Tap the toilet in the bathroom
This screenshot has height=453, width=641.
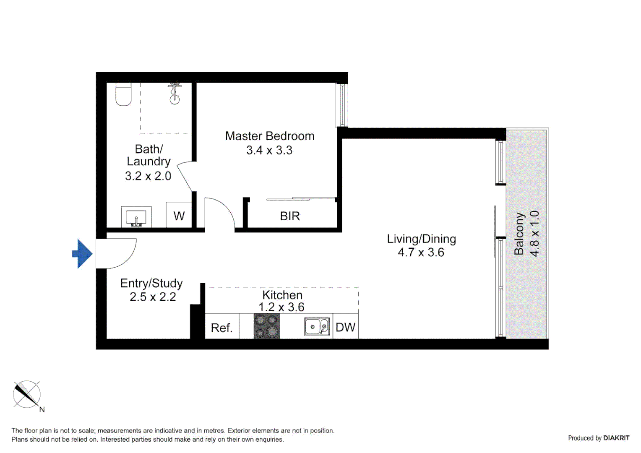tap(123, 94)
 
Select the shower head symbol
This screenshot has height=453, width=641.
tap(175, 94)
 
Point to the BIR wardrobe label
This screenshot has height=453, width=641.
tap(290, 216)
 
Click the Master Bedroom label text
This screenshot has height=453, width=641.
tap(269, 136)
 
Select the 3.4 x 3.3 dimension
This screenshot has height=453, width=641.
tap(269, 150)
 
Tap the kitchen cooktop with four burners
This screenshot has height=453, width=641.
tap(267, 326)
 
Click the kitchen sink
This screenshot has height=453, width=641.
tap(317, 327)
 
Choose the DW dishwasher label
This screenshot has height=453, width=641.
tap(346, 327)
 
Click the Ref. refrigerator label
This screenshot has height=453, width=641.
tap(221, 328)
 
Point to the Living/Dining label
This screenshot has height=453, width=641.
tap(421, 239)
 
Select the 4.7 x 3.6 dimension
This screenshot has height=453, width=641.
tap(421, 253)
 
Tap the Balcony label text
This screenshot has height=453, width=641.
tap(519, 234)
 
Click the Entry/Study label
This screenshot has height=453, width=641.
tap(151, 283)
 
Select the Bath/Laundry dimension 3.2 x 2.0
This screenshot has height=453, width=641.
tap(148, 176)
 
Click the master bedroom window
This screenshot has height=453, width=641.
tap(341, 105)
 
